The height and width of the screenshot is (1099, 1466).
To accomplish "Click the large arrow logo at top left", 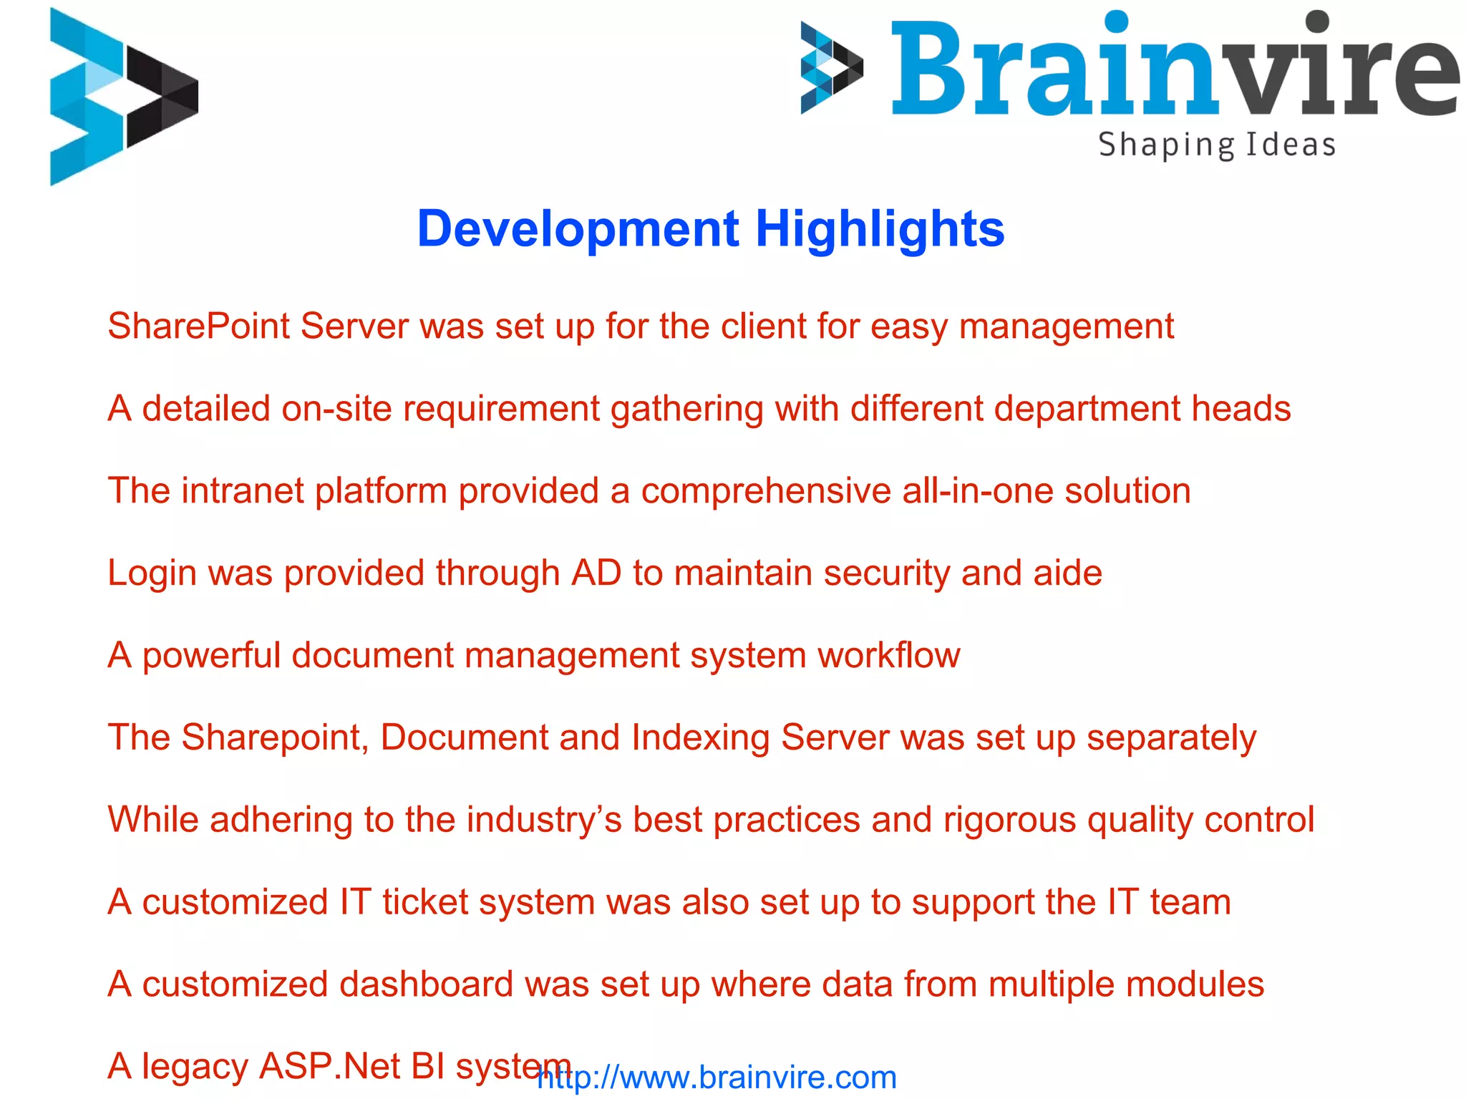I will point(123,97).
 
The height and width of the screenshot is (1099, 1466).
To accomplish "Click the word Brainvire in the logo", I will point(1174,68).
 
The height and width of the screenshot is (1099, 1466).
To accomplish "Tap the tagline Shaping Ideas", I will point(1217,145).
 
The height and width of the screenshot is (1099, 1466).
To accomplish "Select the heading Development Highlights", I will point(710,229).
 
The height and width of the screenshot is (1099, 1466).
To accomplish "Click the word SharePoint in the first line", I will point(198,327).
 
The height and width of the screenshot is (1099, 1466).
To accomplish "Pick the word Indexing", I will point(700,738).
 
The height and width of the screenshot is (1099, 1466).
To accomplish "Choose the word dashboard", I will point(426,984).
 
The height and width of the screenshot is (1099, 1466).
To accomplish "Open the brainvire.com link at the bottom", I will point(717,1078).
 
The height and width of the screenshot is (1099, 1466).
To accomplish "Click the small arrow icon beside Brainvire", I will point(832,68).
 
